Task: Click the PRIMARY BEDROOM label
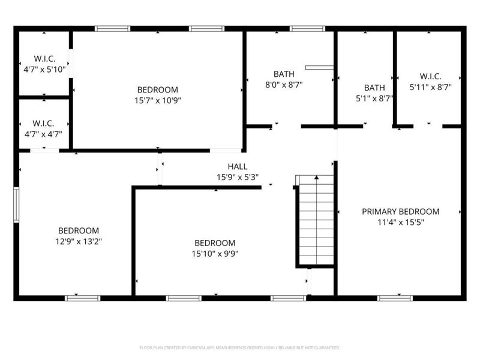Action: pos(400,211)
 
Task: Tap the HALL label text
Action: pos(237,166)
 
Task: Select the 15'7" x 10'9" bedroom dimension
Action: pos(157,101)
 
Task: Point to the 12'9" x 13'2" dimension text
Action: pos(78,241)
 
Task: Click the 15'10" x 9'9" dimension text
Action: pos(214,253)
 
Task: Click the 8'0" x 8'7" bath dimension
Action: pos(284,85)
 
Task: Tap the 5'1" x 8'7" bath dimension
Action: pos(374,98)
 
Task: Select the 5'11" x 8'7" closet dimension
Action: pos(430,87)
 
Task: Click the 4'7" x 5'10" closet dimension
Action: pos(45,70)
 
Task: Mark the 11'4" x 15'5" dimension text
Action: pos(400,221)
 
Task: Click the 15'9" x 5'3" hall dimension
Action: pos(237,177)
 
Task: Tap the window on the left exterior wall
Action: pos(16,205)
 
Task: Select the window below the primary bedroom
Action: pos(395,298)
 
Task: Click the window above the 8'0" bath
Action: pos(307,28)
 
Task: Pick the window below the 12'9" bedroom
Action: pos(82,298)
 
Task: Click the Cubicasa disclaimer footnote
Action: pos(239,347)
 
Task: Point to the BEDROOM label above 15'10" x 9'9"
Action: pos(214,243)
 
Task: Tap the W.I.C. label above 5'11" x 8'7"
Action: pos(430,76)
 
